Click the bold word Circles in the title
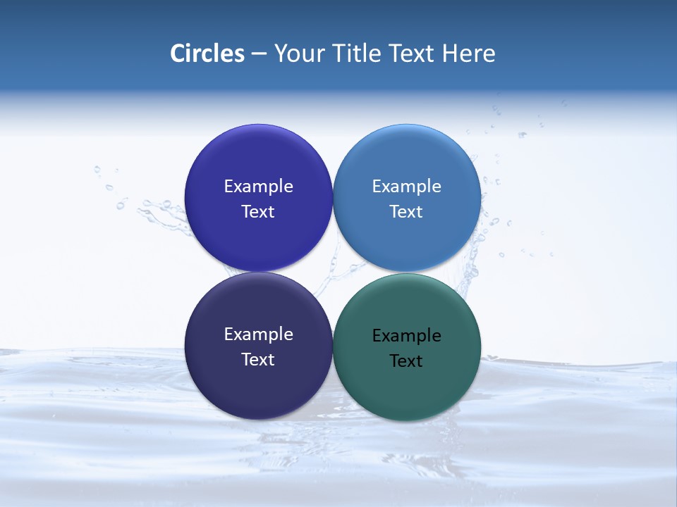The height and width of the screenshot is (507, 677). click(207, 54)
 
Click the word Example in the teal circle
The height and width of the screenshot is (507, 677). click(407, 336)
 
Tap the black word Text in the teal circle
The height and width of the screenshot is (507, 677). click(406, 361)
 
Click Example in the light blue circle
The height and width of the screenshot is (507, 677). click(407, 187)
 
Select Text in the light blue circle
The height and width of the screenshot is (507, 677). click(406, 212)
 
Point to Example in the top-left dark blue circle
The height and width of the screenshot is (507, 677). click(258, 187)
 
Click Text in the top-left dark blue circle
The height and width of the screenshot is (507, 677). click(258, 212)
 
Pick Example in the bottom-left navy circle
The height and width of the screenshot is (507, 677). click(258, 334)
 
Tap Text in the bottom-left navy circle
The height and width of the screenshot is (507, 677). click(258, 360)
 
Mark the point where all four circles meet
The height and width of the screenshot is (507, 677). click(333, 273)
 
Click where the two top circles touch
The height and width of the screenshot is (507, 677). click(333, 199)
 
